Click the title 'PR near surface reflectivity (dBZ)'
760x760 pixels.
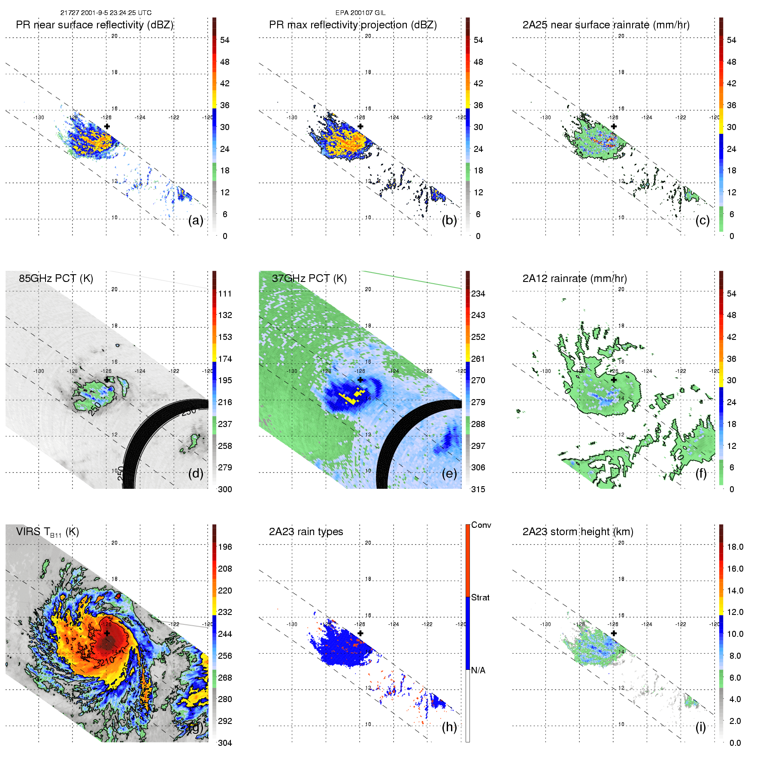click(x=94, y=25)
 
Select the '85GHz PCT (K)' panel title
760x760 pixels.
click(x=56, y=278)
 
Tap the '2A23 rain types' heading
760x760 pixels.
click(x=306, y=532)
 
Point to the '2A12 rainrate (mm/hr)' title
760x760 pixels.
click(x=574, y=278)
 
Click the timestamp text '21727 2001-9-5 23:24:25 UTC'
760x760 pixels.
click(x=106, y=13)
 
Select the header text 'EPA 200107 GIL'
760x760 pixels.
click(x=360, y=13)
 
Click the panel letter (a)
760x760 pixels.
click(x=196, y=221)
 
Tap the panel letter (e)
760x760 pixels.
click(x=449, y=474)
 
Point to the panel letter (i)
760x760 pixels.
click(x=700, y=727)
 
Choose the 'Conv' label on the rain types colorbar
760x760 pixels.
click(x=481, y=525)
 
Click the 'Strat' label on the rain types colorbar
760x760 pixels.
click(x=480, y=597)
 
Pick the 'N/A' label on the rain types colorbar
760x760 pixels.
click(x=478, y=670)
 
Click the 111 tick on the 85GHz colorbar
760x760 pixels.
click(x=225, y=294)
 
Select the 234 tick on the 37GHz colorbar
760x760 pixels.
click(x=478, y=294)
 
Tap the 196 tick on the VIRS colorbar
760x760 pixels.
click(x=225, y=547)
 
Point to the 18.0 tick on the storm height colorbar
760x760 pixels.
click(x=735, y=547)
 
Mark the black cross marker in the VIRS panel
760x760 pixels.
click(x=107, y=633)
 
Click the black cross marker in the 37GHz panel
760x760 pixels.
click(x=360, y=380)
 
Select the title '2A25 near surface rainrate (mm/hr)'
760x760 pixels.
click(x=606, y=25)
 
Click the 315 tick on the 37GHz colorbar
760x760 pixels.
click(x=478, y=489)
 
